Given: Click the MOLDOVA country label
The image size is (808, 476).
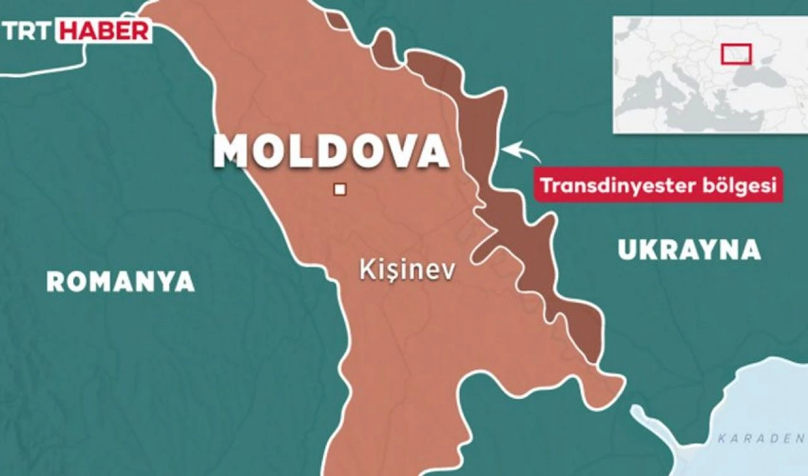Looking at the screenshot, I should pos(331,151).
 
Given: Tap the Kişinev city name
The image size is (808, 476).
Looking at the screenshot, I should pos(407,271).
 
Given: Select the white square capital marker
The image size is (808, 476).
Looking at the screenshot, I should pos(340,188).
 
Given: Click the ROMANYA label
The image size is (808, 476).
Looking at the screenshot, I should pos(120,281).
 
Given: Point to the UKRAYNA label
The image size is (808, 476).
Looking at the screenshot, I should pos(689,250).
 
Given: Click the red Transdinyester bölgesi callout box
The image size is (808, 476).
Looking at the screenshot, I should pos(658,185).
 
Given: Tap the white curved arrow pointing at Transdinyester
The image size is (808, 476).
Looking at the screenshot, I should pos(521,150).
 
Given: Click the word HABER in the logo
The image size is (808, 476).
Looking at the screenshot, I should pos(105,31).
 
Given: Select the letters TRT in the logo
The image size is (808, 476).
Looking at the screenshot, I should pos(30,31).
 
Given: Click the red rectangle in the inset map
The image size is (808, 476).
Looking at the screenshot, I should pos(736,53).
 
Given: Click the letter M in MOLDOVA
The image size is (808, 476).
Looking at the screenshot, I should pos(231,152).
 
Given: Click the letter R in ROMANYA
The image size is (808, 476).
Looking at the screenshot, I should pos(56,281).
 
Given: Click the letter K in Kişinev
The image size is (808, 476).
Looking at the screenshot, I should pos(365,270).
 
